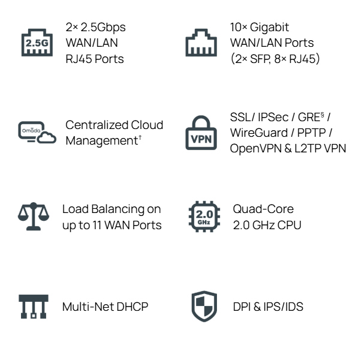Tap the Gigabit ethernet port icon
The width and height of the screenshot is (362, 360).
201,43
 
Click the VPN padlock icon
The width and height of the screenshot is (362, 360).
201,131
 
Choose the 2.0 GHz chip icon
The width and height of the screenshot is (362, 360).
201,217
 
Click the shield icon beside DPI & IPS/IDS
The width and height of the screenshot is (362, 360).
201,307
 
